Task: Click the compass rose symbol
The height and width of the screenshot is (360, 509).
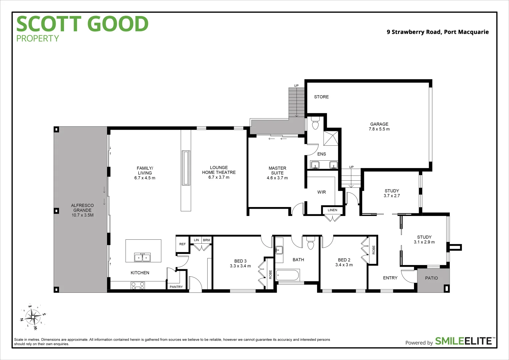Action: tap(33, 317)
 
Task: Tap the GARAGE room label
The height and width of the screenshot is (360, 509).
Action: tap(379, 124)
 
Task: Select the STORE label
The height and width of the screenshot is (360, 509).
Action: tap(321, 97)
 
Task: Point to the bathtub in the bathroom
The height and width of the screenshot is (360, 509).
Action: tap(288, 275)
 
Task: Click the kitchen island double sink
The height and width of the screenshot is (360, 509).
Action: tap(142, 257)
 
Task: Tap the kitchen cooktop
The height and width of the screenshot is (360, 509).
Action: tap(138, 286)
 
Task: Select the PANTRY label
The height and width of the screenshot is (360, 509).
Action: tap(176, 287)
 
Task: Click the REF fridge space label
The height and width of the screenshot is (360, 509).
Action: tap(182, 244)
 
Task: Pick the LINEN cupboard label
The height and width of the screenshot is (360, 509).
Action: tap(332, 210)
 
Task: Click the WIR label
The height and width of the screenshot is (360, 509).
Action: tap(321, 192)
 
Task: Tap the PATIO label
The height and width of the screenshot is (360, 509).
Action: tap(431, 278)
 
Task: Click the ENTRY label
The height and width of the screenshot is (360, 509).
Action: tap(390, 278)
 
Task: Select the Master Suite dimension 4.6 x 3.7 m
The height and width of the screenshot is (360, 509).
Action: tap(277, 178)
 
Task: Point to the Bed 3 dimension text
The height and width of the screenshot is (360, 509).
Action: tap(240, 266)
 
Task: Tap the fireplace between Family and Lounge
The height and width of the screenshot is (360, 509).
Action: tap(186, 168)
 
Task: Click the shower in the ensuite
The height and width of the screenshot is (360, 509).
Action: tap(330, 138)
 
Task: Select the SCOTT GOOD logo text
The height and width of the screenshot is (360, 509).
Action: tap(82, 24)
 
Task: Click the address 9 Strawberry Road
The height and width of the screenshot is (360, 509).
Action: tap(437, 32)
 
